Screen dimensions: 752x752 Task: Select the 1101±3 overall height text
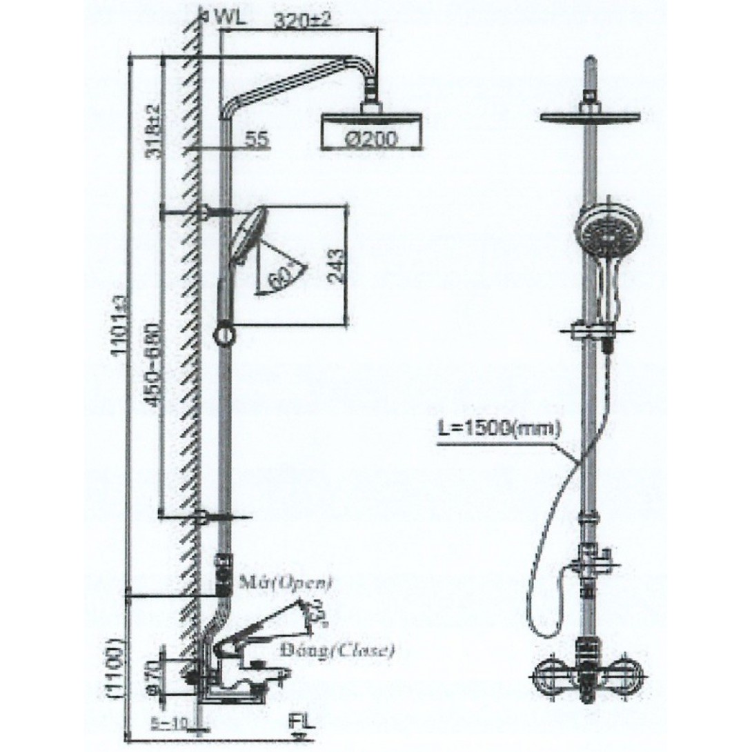click(121, 324)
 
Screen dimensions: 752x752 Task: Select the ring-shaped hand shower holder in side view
click(225, 335)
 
